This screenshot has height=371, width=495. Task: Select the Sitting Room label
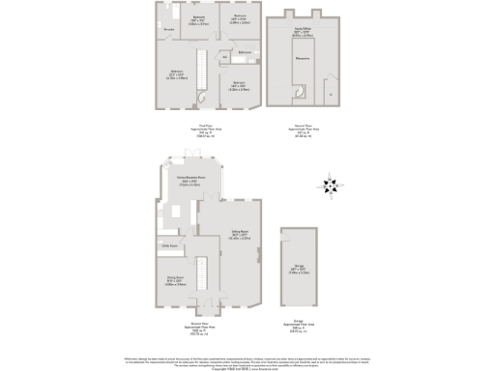click(x=240, y=233)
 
